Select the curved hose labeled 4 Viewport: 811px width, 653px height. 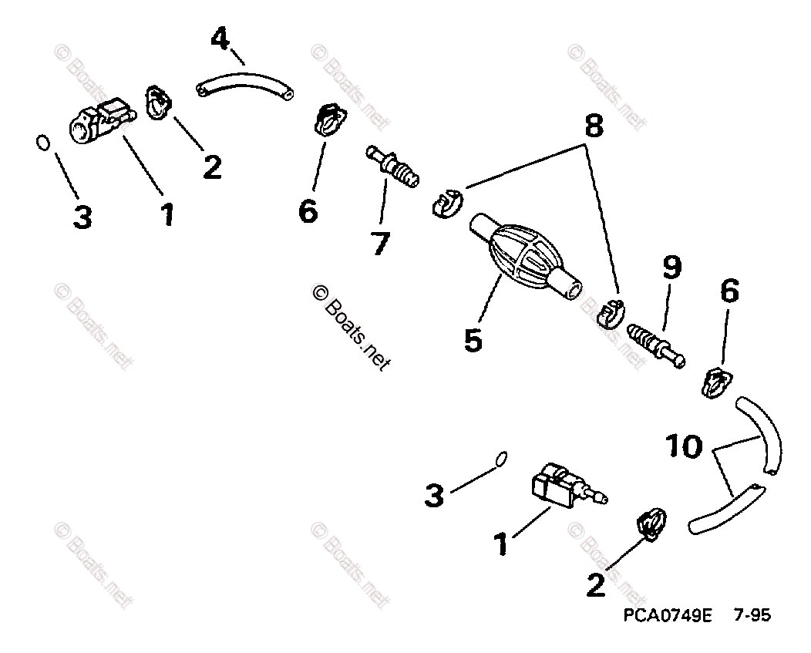(245, 86)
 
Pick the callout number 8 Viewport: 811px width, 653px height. (592, 126)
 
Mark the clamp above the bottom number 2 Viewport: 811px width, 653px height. (651, 523)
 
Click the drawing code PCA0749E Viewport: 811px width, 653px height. (668, 616)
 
